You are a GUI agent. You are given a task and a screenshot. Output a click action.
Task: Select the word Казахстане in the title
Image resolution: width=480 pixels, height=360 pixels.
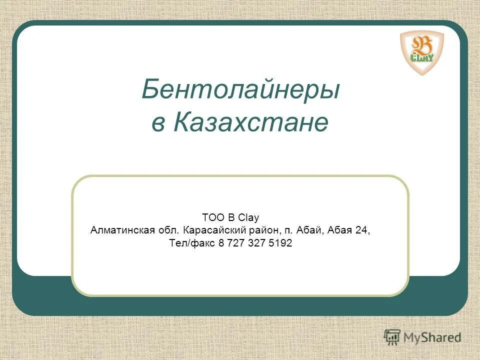251,123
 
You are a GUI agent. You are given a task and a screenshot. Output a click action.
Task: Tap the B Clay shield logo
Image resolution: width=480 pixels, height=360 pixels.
421,52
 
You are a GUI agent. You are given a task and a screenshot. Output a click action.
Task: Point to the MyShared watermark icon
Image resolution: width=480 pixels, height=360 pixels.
392,336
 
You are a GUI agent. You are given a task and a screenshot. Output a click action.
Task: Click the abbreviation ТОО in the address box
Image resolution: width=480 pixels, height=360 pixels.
210,217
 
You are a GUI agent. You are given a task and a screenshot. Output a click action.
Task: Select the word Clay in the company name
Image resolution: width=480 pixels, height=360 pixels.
248,217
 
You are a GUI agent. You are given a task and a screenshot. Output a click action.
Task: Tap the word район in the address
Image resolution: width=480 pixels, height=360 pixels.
255,230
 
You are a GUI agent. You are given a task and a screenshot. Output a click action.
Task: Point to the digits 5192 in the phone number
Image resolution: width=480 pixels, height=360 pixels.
281,244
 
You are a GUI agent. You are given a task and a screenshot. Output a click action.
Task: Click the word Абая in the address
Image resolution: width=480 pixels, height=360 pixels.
340,230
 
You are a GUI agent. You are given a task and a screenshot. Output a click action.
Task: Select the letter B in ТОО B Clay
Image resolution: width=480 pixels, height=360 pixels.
231,217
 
